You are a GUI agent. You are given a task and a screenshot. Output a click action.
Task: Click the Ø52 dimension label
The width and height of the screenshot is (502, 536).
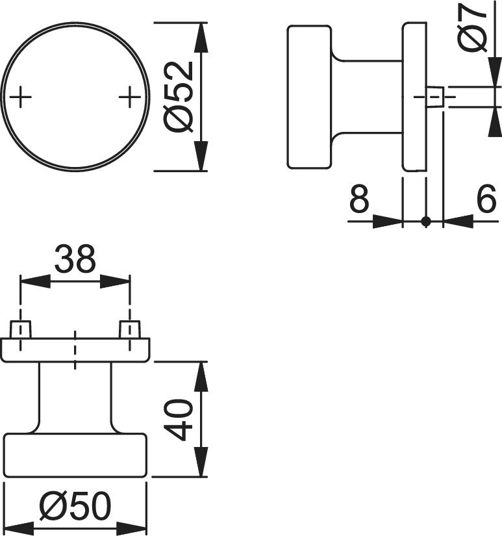tap(179, 97)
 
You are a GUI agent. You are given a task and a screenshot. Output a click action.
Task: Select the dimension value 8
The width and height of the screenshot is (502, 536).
tap(360, 198)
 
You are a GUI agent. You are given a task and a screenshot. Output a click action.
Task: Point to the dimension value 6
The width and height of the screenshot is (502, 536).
tap(486, 198)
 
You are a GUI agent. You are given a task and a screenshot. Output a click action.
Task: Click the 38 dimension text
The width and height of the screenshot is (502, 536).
tap(75, 259)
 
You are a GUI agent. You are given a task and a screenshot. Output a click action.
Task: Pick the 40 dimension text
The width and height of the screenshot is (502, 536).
tap(179, 419)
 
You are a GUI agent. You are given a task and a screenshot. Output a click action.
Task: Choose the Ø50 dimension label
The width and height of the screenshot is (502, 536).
tap(75, 505)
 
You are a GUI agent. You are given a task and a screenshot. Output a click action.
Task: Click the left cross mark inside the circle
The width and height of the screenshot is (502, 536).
tap(21, 97)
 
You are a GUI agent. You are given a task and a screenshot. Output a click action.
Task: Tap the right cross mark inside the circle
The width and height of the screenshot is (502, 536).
tap(130, 97)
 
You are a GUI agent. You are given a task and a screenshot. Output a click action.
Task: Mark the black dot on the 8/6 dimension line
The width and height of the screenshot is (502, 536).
tap(426, 222)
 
